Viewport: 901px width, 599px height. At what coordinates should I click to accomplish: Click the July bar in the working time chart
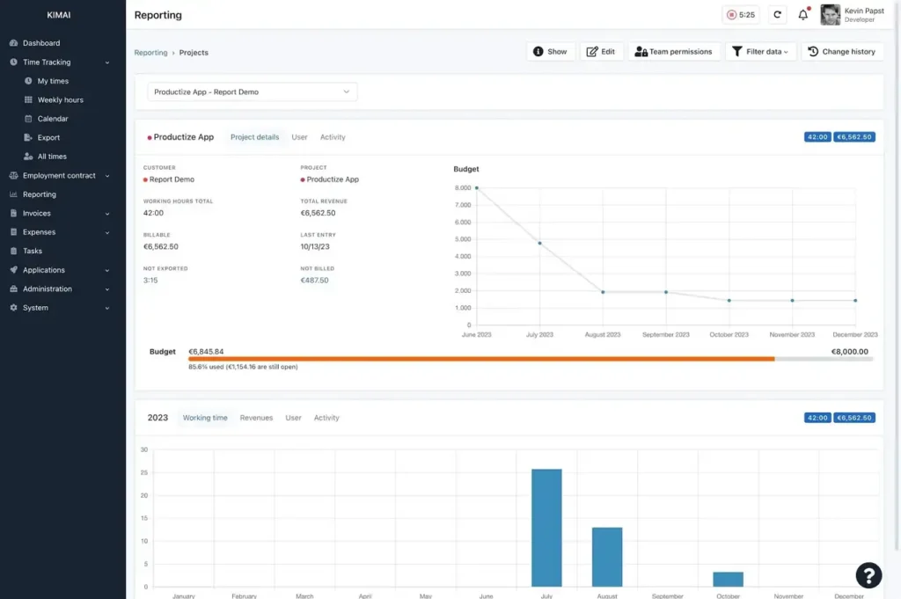[x=546, y=528]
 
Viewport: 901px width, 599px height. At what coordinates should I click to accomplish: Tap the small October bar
[x=728, y=580]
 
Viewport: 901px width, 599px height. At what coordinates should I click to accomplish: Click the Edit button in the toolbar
[x=601, y=52]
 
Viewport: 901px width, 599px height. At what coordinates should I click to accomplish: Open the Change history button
[x=842, y=52]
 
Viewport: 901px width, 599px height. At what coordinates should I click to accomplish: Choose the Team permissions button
[x=673, y=52]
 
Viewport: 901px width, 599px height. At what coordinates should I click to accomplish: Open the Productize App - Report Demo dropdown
[x=252, y=91]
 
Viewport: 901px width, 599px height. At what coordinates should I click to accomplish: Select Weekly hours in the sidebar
[x=60, y=100]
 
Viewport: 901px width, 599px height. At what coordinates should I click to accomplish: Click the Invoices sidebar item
[x=37, y=214]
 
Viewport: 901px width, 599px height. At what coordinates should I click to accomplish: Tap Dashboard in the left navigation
[x=41, y=43]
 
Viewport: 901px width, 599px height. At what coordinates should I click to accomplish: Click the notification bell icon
[x=802, y=15]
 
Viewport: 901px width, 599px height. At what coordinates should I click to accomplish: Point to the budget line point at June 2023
[x=477, y=188]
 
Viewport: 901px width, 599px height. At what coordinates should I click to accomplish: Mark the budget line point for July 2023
[x=539, y=243]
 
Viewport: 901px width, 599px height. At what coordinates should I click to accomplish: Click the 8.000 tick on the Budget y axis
[x=463, y=188]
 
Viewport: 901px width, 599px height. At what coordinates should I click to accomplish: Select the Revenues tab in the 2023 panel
[x=256, y=418]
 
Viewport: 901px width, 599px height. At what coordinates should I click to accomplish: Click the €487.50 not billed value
[x=314, y=281]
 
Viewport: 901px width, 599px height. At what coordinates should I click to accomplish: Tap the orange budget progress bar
[x=481, y=359]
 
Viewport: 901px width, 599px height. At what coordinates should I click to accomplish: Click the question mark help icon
[x=868, y=575]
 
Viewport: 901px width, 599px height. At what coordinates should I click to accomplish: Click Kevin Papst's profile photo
[x=830, y=15]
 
